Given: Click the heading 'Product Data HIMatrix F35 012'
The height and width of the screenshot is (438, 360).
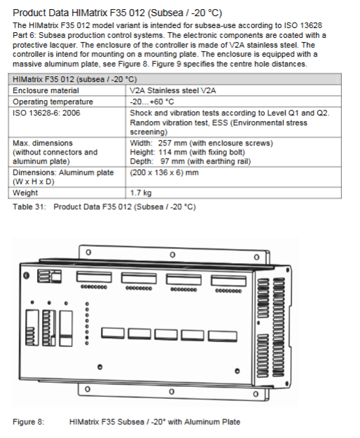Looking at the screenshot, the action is point(79,13).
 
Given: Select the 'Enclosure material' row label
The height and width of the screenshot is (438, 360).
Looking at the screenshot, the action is point(46,90).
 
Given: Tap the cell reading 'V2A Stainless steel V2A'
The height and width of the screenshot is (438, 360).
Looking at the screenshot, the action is point(173,90).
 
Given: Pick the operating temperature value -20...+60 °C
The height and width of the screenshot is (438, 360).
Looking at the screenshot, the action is point(152,101).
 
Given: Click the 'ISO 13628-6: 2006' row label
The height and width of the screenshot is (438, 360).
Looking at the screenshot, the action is point(46,113).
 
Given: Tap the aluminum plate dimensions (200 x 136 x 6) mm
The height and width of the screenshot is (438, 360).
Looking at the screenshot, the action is point(164,173).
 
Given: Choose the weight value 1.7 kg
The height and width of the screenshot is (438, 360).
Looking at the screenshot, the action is point(141,192).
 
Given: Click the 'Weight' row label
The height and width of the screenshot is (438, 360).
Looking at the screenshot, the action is point(25,192).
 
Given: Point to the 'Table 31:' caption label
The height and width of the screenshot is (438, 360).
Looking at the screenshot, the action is point(29,207).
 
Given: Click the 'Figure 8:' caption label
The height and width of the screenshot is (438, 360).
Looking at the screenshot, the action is point(29,422).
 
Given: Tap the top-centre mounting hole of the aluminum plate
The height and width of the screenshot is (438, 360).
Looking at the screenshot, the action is point(172,255).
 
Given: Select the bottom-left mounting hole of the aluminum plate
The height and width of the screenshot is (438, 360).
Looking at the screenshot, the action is point(88,389).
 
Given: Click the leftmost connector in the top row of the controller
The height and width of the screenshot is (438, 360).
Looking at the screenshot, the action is point(94,277).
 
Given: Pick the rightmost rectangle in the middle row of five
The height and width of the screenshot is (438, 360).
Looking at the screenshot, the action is point(223,337).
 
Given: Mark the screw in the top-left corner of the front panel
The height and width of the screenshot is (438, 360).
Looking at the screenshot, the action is point(27,276).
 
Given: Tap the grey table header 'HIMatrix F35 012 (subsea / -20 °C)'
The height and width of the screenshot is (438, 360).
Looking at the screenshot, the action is point(75,79).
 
